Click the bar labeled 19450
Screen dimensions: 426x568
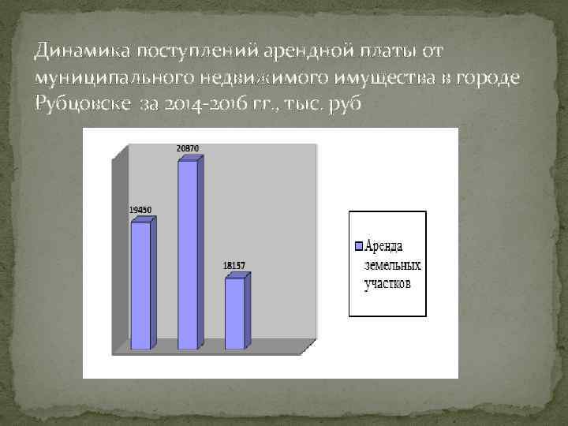pyautogui.click(x=140, y=286)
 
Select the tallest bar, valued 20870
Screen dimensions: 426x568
pyautogui.click(x=187, y=254)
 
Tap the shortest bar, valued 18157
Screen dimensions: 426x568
pyautogui.click(x=234, y=313)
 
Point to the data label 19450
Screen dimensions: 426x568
pyautogui.click(x=140, y=210)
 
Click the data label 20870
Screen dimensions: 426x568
pyautogui.click(x=188, y=148)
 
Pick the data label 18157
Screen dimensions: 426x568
pyautogui.click(x=235, y=266)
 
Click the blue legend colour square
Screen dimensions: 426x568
pyautogui.click(x=358, y=245)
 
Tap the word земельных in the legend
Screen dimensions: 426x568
pyautogui.click(x=392, y=264)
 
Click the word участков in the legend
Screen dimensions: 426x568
pyautogui.click(x=387, y=283)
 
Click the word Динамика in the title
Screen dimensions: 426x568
pyautogui.click(x=82, y=52)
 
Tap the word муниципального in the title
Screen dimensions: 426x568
pyautogui.click(x=103, y=77)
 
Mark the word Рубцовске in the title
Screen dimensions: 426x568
pyautogui.click(x=81, y=103)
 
